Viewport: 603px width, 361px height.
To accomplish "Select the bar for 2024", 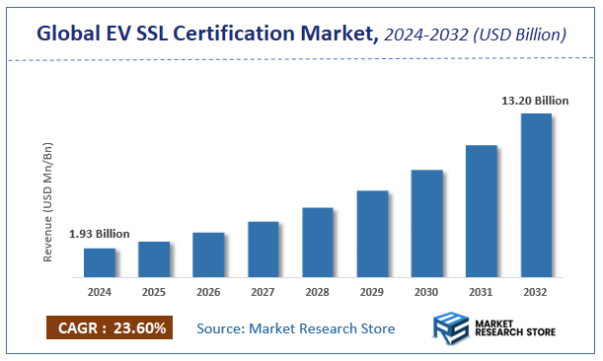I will coord(100,262).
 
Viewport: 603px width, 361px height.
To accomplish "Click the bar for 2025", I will coord(154,259).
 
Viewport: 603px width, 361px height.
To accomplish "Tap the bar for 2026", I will coord(208,254).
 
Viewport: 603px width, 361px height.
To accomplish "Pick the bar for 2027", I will coord(264,250).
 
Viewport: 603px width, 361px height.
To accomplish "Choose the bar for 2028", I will coord(318,243).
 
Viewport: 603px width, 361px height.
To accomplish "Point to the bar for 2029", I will coord(372,234).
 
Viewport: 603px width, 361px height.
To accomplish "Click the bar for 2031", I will coord(482,211).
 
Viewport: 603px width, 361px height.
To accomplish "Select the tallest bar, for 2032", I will coord(536,195).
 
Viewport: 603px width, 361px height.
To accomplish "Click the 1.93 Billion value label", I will coord(100,235).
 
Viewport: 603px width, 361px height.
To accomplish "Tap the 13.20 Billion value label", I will coord(536,101).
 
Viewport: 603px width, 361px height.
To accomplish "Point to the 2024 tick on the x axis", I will coord(100,292).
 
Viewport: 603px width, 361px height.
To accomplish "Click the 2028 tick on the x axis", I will coord(318,292).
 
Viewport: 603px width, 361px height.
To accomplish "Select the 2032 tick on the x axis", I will coord(536,292).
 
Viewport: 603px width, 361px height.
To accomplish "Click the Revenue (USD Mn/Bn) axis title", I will coord(48,203).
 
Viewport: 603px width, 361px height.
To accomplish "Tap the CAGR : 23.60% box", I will coord(110,327).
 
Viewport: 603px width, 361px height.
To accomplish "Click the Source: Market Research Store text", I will coord(296,327).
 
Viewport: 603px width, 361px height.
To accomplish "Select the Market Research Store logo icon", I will coord(450,328).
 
